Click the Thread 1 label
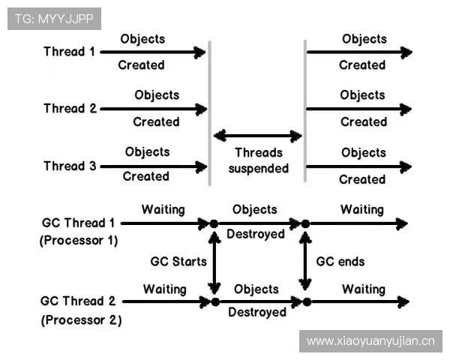[69, 52]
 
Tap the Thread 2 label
[70, 109]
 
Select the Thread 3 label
[70, 166]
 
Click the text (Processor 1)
[78, 241]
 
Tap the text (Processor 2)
[81, 319]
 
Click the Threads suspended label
[258, 160]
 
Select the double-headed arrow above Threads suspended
[258, 136]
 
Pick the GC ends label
[340, 262]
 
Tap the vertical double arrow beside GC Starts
[214, 262]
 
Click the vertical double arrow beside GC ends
[305, 262]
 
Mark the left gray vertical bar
[209, 109]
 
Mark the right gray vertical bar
[304, 109]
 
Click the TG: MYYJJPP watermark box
[54, 19]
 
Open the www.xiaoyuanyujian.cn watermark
[370, 341]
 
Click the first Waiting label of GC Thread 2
[165, 289]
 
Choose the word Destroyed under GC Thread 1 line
[256, 234]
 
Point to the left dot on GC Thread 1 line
[214, 223]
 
